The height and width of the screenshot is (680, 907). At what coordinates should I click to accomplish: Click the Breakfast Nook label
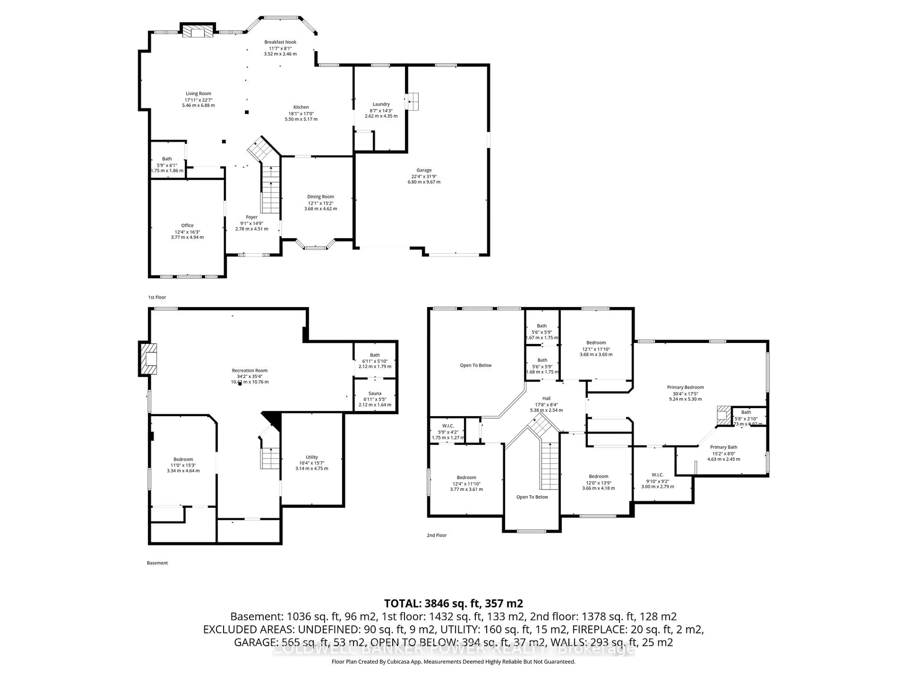point(280,42)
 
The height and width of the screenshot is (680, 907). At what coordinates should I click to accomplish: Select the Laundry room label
point(381,104)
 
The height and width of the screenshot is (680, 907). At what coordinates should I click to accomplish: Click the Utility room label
point(312,457)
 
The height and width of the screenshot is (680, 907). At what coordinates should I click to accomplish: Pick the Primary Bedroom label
point(685,387)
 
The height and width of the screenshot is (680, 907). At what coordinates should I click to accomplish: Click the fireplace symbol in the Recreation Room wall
point(148,359)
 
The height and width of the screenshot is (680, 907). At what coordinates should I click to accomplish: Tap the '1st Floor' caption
point(157,297)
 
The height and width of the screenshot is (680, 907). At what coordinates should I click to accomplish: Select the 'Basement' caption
point(157,563)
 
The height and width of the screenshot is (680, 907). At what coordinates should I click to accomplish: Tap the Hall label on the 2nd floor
point(546,398)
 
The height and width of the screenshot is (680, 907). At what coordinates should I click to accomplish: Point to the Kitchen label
point(301,107)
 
